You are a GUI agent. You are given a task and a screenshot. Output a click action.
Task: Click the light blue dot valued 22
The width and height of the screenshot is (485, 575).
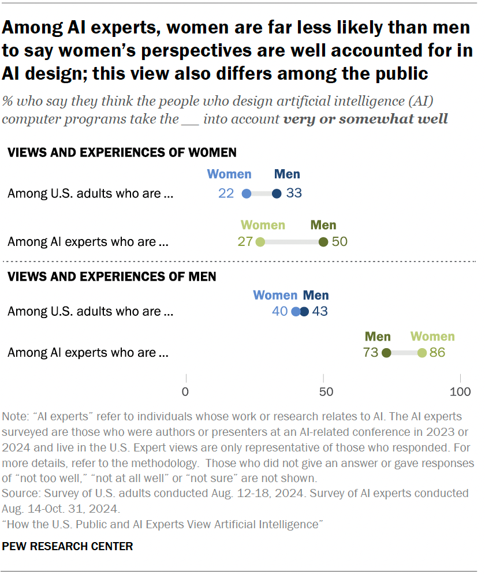[x=247, y=193]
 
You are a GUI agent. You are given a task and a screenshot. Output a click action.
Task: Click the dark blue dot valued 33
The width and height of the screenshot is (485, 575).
[x=277, y=193]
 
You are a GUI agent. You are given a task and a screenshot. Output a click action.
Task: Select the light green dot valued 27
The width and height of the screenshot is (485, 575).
[x=260, y=242]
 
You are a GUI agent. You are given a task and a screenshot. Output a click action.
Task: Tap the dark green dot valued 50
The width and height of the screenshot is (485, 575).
[x=323, y=242]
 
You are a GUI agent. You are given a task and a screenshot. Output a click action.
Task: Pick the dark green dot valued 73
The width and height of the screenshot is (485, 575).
[x=386, y=353]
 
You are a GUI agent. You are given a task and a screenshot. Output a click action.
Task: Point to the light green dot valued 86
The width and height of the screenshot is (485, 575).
[x=422, y=353]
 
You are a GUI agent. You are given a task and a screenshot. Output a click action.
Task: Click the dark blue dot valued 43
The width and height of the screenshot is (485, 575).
[x=304, y=312]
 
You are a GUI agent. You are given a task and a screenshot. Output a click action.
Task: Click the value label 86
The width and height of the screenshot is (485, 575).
[x=437, y=353]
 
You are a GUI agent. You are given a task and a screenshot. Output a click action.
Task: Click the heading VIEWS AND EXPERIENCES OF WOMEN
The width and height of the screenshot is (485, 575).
[x=122, y=152]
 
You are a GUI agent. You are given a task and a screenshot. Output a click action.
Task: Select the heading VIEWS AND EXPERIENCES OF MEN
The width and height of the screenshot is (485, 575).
[x=111, y=277]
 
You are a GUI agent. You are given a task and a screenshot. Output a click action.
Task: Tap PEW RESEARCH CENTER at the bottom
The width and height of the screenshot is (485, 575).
[x=68, y=546]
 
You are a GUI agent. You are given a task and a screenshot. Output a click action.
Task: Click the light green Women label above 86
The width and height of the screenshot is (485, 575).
[x=432, y=337]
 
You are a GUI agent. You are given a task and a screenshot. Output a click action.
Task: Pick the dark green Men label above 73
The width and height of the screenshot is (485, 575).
[x=378, y=337]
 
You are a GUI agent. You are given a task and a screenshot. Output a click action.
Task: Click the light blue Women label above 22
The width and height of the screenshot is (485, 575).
[x=229, y=174]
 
